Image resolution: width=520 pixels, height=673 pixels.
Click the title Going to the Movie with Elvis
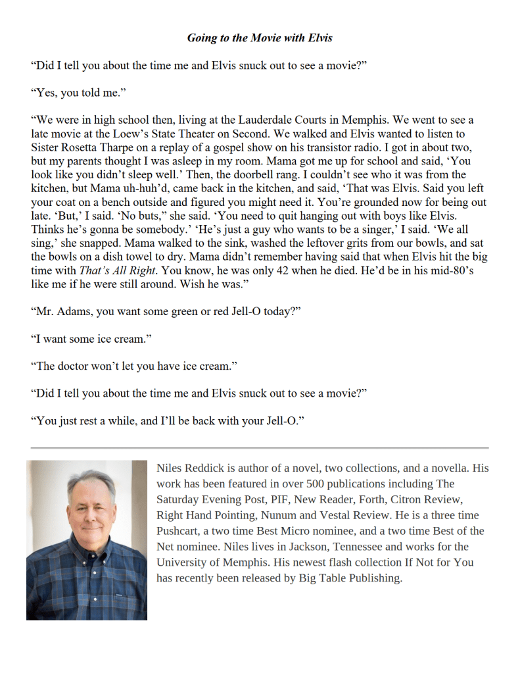[x=260, y=37]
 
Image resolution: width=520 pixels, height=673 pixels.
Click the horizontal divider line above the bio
[x=260, y=448]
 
